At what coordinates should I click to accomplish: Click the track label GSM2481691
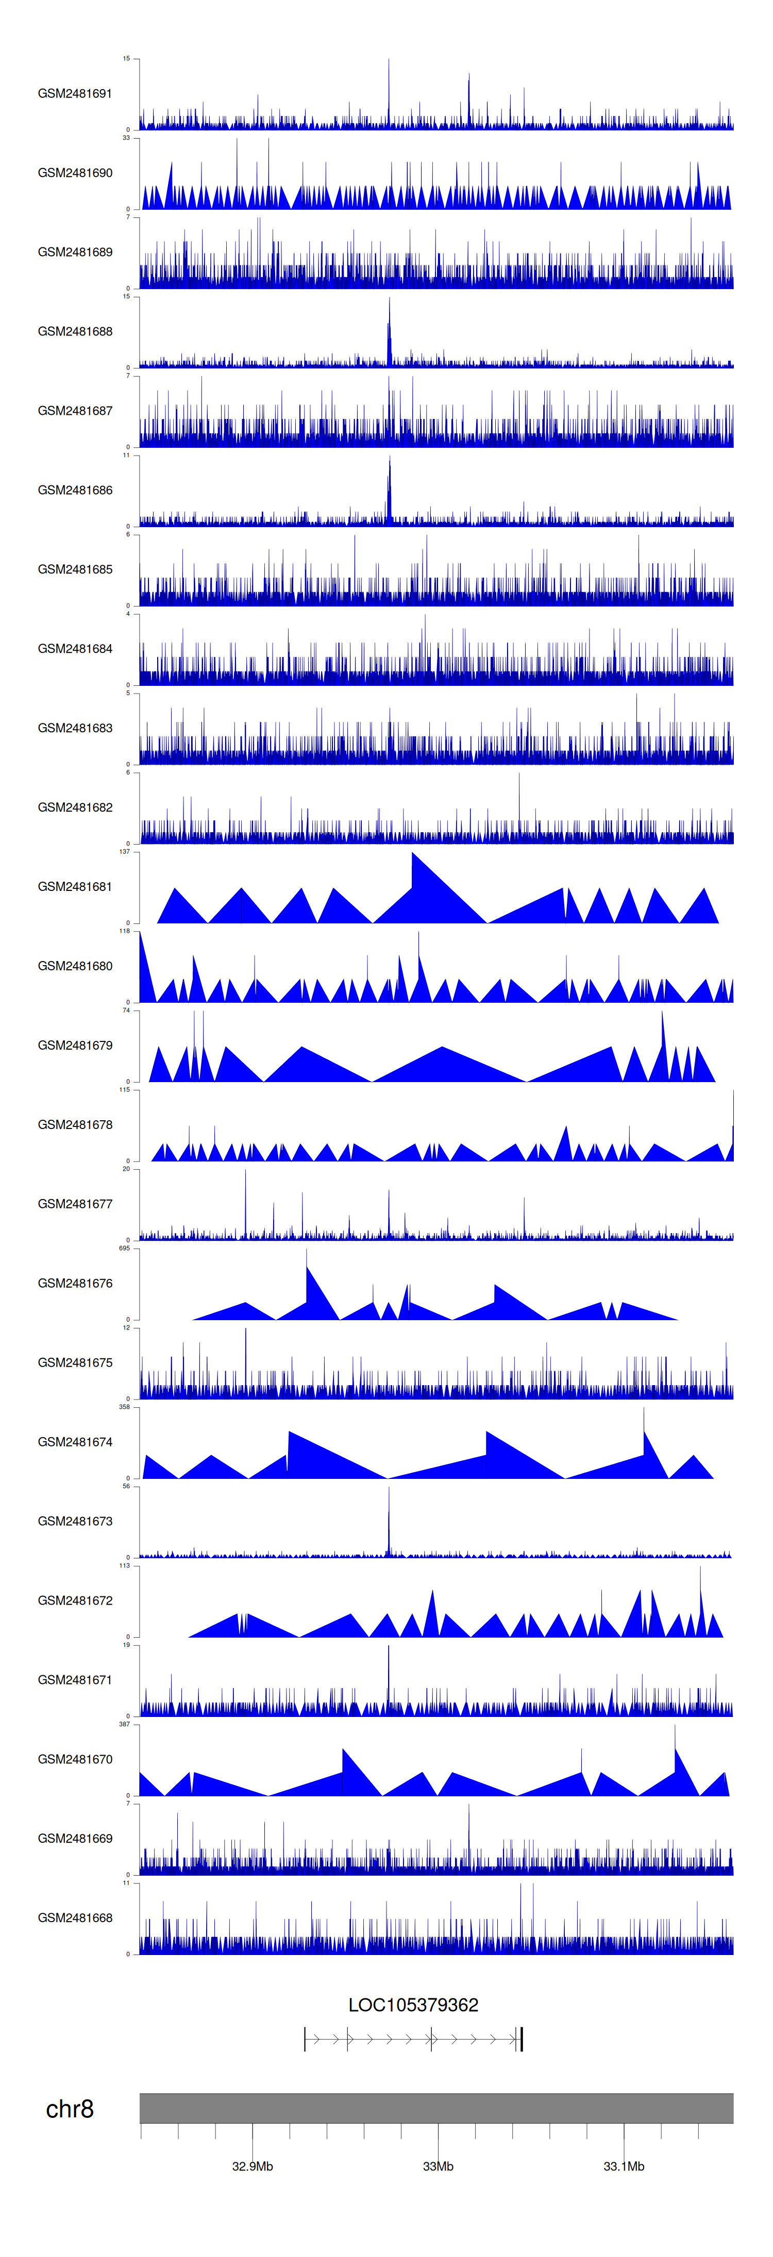click(x=75, y=94)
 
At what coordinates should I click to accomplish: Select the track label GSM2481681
click(x=75, y=887)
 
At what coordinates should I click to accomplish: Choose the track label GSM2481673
click(x=75, y=1521)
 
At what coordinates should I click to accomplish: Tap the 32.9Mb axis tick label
click(x=253, y=2166)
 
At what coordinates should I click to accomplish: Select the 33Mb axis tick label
click(x=438, y=2166)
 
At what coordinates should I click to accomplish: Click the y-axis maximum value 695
click(x=124, y=1248)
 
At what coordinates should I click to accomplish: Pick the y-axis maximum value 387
click(x=124, y=1724)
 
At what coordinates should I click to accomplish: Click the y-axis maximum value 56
click(x=126, y=1486)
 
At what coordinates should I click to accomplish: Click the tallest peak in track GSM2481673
click(x=389, y=1490)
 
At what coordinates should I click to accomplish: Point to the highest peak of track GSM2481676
click(x=306, y=1251)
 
